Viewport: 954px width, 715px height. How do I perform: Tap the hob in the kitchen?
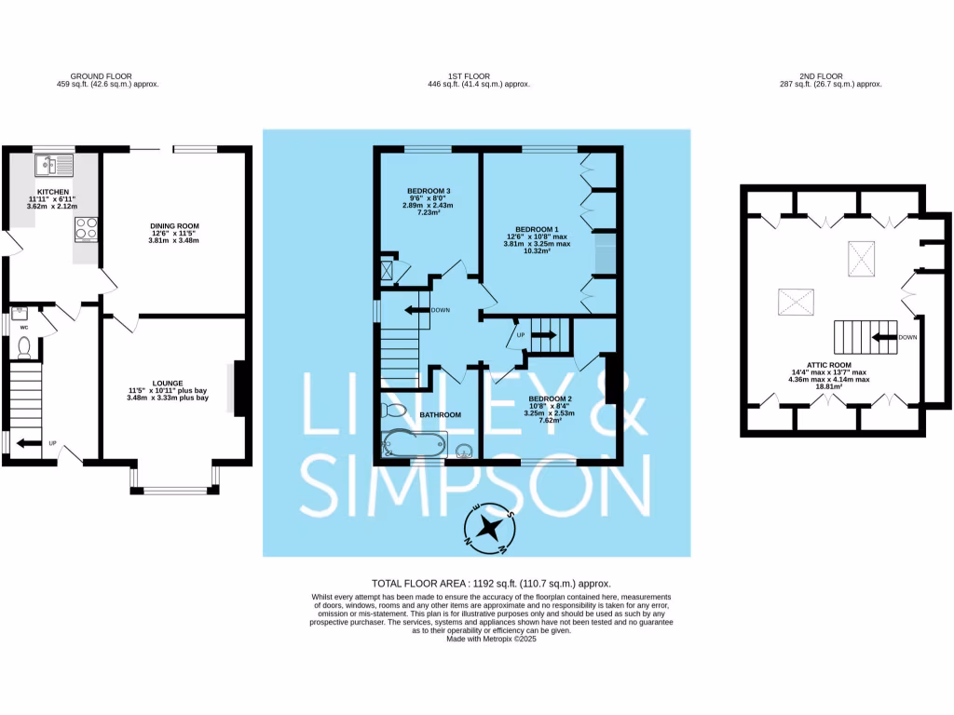tap(87, 229)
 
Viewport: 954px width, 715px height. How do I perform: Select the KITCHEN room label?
tap(53, 192)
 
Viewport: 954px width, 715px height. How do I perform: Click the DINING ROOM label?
tap(174, 226)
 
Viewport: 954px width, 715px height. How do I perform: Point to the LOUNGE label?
tap(168, 382)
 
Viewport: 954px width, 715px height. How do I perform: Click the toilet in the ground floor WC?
tap(25, 347)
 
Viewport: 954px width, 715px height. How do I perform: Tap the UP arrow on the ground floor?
tap(29, 443)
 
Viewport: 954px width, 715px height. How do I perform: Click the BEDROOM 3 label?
tap(429, 191)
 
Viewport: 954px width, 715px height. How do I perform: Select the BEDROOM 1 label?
tap(537, 229)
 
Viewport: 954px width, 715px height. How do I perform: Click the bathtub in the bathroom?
tap(415, 445)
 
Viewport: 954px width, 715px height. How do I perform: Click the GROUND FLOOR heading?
tap(101, 76)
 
